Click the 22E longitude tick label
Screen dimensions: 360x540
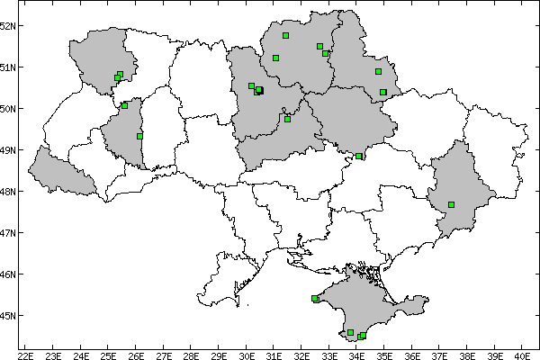(x=26, y=355)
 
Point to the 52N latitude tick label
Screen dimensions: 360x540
(x=9, y=25)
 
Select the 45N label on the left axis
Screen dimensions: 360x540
(x=9, y=316)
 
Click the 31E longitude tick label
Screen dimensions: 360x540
(x=274, y=355)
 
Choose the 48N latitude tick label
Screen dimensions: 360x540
(x=9, y=192)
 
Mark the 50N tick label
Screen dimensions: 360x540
(x=9, y=109)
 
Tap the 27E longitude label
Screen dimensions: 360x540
(x=164, y=355)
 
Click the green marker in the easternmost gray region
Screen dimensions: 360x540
(x=452, y=205)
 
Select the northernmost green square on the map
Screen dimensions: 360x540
(x=285, y=36)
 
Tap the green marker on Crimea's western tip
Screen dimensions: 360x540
(x=315, y=299)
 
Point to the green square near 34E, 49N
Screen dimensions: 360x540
(x=359, y=157)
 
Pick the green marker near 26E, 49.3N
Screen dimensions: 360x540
(x=139, y=136)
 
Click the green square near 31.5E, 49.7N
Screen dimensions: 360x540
(x=288, y=119)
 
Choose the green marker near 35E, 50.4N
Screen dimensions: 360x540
(x=383, y=93)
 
